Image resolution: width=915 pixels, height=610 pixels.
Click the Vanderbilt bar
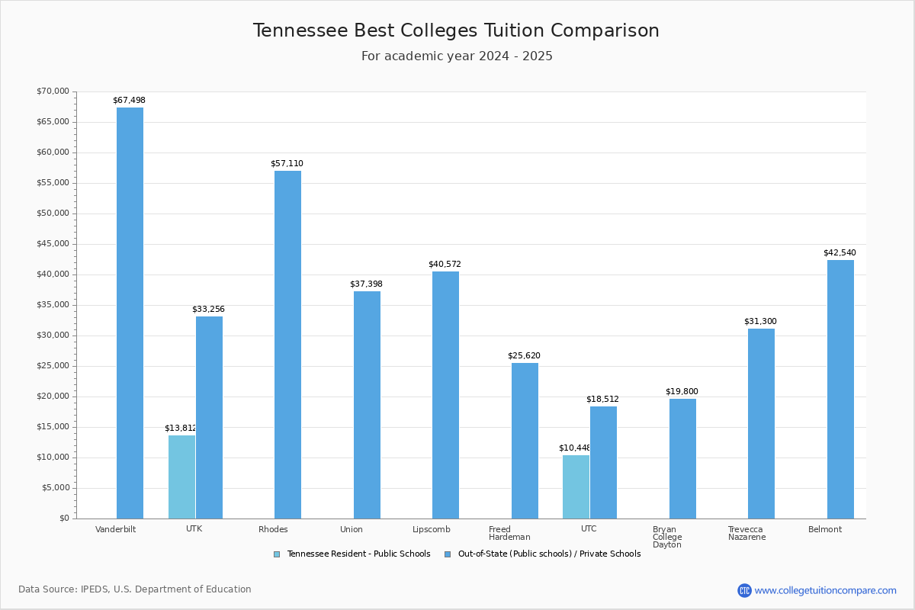[x=130, y=313]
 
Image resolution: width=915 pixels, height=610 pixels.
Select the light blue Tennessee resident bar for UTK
[x=181, y=477]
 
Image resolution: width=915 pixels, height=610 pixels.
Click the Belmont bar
[x=840, y=389]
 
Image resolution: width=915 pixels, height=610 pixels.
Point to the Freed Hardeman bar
[x=525, y=441]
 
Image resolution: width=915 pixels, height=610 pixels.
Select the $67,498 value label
[x=129, y=101]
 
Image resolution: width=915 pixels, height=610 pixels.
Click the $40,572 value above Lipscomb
[x=445, y=265]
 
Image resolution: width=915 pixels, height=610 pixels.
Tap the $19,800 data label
[x=682, y=392]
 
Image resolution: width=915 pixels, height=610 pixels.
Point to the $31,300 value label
[x=760, y=322]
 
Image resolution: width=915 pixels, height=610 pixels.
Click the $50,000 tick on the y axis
[x=53, y=213]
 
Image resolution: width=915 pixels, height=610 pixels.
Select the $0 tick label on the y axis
[x=63, y=518]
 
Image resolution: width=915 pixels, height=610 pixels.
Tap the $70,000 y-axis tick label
[x=53, y=91]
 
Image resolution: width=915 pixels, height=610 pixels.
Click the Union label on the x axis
[x=352, y=529]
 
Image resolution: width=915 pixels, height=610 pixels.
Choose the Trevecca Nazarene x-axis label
[x=746, y=533]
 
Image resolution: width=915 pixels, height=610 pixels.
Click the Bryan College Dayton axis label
[x=667, y=537]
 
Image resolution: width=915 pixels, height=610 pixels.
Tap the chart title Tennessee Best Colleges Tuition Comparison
[x=456, y=30]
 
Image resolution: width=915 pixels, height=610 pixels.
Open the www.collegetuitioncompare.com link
[x=825, y=590]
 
